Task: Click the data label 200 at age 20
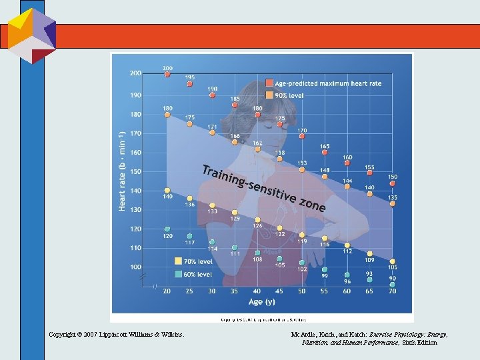pyautogui.click(x=167, y=68)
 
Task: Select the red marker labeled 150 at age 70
pyautogui.click(x=393, y=183)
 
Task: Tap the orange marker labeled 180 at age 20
pyautogui.click(x=167, y=115)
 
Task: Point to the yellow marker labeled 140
pyautogui.click(x=167, y=191)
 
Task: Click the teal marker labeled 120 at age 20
pyautogui.click(x=167, y=229)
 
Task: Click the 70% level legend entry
pyautogui.click(x=197, y=261)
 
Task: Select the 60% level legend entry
pyautogui.click(x=197, y=273)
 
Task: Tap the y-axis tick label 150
pyautogui.click(x=135, y=171)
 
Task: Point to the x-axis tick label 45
pyautogui.click(x=279, y=291)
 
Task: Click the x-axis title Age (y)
pyautogui.click(x=261, y=302)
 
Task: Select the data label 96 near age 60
pyautogui.click(x=347, y=281)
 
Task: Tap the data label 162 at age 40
pyautogui.click(x=257, y=143)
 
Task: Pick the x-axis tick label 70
pyautogui.click(x=393, y=291)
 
